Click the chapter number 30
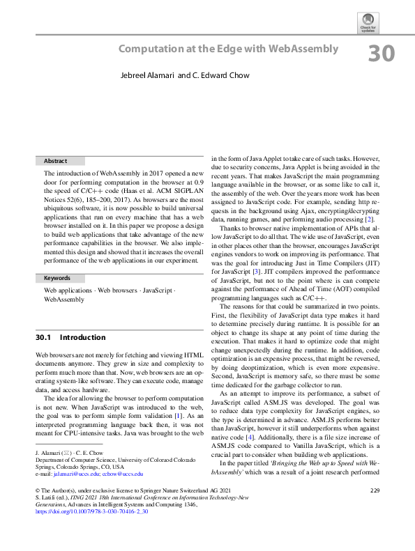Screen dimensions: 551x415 pyautogui.click(x=381, y=54)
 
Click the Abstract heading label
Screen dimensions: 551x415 pyautogui.click(x=56, y=161)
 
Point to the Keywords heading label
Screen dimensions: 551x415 pyautogui.click(x=57, y=278)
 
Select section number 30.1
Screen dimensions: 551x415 pyautogui.click(x=44, y=337)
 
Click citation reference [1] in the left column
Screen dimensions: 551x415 pyautogui.click(x=186, y=394)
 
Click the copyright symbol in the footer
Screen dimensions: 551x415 pyautogui.click(x=38, y=472)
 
